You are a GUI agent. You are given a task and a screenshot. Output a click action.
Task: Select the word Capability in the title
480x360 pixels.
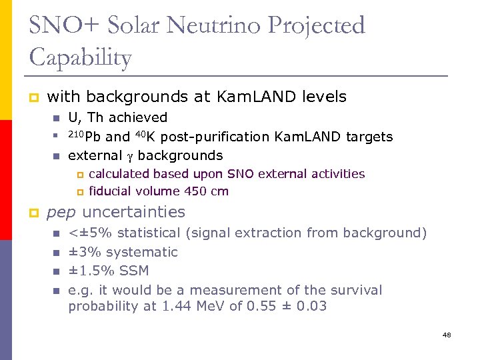pos(81,58)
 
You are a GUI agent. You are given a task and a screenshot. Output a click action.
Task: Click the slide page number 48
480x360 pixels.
pos(447,335)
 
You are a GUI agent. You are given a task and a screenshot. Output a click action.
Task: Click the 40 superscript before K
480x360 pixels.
pos(139,135)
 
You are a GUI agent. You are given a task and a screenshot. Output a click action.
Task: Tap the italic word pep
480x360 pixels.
pos(61,213)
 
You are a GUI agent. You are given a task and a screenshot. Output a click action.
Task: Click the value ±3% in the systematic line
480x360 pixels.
pos(85,252)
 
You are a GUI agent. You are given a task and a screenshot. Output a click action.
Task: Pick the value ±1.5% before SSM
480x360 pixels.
pos(91,271)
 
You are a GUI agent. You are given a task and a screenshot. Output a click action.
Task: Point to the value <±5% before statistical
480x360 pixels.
pos(91,233)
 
